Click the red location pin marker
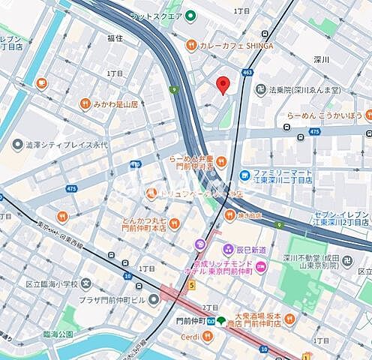[223, 84]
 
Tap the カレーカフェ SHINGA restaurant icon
[192, 45]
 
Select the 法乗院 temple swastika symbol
[261, 89]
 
